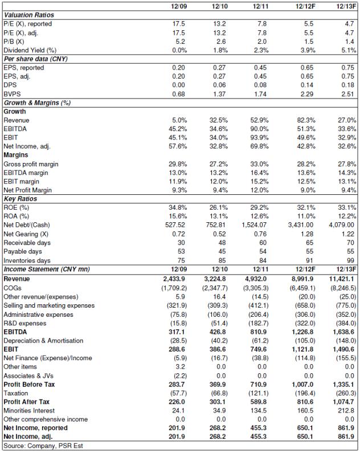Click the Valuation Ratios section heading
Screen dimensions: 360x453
pyautogui.click(x=28, y=15)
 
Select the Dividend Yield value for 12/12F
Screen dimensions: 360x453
pyautogui.click(x=308, y=50)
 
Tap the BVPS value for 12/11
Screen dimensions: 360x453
pyautogui.click(x=260, y=94)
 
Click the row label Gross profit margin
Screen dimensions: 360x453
pyautogui.click(x=31, y=164)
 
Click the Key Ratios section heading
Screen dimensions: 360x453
pyautogui.click(x=20, y=199)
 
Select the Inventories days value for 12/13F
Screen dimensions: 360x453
pyautogui.click(x=350, y=260)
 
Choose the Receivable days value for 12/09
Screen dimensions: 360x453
pyautogui.click(x=181, y=243)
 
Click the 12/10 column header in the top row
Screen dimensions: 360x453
pyautogui.click(x=220, y=6)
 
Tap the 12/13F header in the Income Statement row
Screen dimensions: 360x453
pyautogui.click(x=346, y=270)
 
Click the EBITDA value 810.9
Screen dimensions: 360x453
pyautogui.click(x=259, y=332)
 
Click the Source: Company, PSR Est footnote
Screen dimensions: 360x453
pyautogui.click(x=43, y=446)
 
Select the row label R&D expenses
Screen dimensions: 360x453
pyautogui.click(x=25, y=323)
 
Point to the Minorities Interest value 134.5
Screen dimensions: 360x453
pyautogui.click(x=259, y=410)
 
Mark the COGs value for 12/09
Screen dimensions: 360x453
pyautogui.click(x=174, y=288)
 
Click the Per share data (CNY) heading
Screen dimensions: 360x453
pyautogui.click(x=35, y=59)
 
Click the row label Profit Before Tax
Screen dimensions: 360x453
pyautogui.click(x=29, y=385)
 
